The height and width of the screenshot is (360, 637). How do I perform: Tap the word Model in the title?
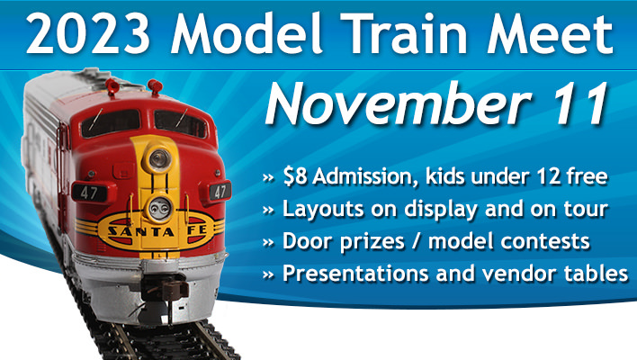click(x=247, y=32)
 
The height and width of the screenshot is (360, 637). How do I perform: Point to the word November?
click(x=399, y=104)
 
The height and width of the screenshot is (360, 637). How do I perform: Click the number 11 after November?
click(x=579, y=104)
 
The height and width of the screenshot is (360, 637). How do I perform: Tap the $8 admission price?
click(x=294, y=176)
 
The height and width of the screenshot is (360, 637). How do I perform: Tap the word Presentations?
click(x=355, y=273)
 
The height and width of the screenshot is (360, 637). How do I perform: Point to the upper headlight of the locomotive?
click(x=159, y=159)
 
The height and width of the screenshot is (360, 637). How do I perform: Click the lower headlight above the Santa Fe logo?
click(x=159, y=209)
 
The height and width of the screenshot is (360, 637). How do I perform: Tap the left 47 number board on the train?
click(x=88, y=193)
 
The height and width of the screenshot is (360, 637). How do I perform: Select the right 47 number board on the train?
click(x=220, y=191)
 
